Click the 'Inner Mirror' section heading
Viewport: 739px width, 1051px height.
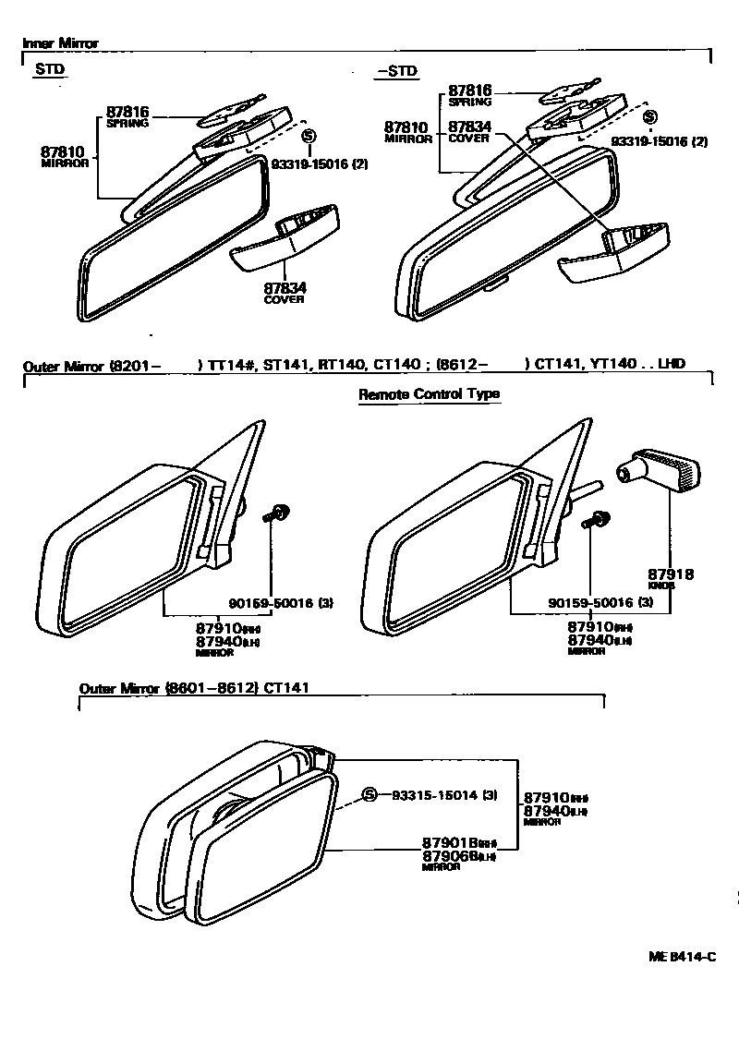60,43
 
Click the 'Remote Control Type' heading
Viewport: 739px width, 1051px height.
429,394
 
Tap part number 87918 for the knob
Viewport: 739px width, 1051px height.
671,574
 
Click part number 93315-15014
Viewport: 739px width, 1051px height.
431,795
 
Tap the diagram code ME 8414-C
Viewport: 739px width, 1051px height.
682,957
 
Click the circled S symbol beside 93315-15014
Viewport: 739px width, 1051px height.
369,795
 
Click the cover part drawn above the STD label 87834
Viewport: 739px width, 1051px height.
285,239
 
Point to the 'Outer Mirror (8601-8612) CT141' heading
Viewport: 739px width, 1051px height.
193,688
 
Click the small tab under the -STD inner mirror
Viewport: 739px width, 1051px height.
496,284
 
